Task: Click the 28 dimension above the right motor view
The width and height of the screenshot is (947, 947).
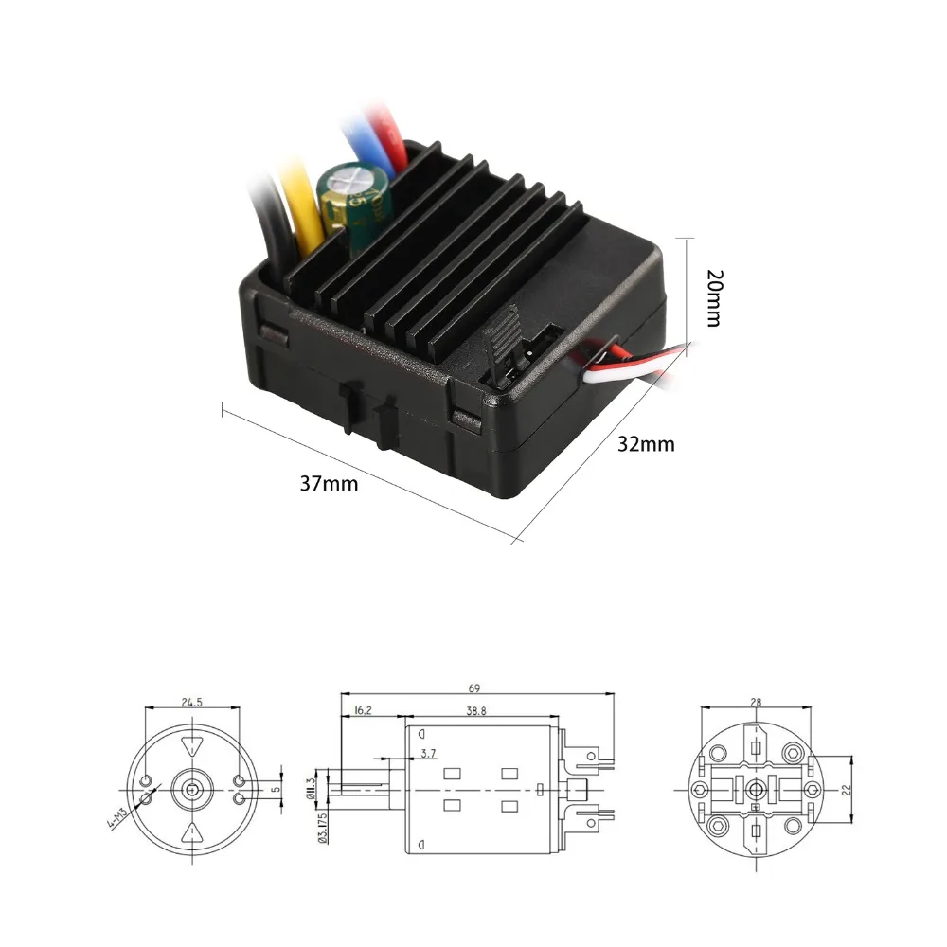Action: (755, 702)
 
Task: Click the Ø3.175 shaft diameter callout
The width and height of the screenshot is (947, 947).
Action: (324, 826)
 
